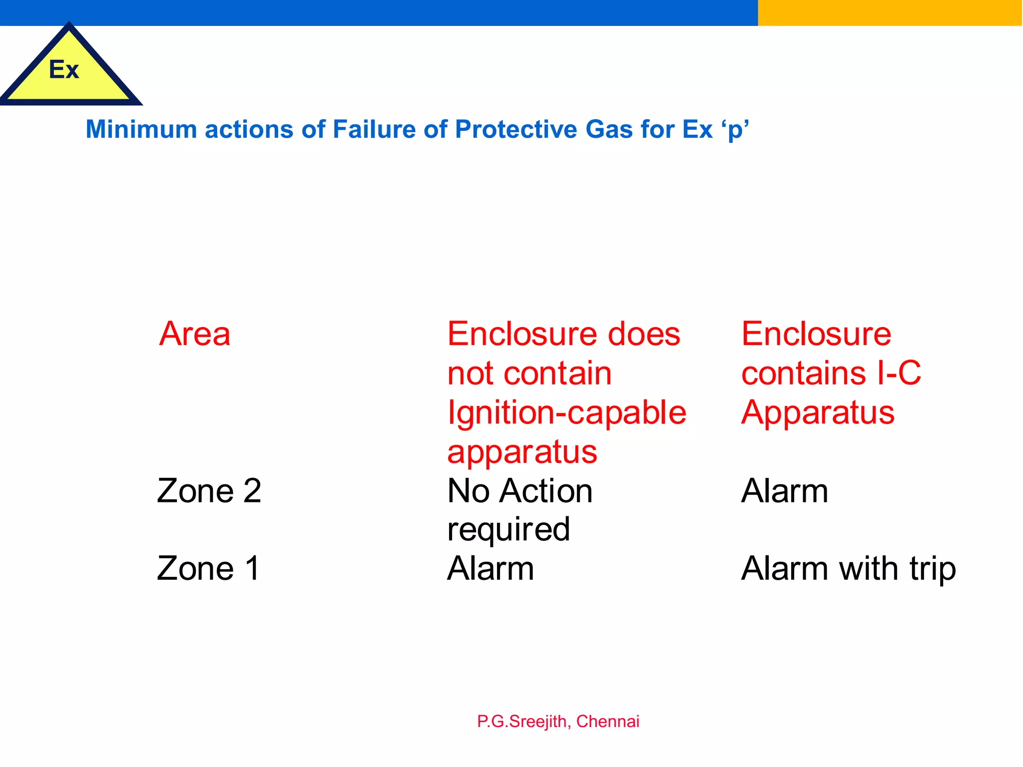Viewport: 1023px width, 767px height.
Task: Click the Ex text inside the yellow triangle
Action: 64,69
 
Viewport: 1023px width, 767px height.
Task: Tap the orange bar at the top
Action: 889,12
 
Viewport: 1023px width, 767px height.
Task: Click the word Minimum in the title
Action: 141,129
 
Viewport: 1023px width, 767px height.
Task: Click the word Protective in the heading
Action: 516,129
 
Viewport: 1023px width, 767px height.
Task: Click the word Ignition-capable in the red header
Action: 566,413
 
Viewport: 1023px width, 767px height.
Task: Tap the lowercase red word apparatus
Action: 522,452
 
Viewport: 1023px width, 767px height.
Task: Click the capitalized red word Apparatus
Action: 818,413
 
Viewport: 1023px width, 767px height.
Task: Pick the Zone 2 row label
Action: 209,490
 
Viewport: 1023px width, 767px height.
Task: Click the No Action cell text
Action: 519,490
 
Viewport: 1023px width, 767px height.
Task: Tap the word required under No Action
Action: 509,529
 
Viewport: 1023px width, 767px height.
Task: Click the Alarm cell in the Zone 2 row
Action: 784,490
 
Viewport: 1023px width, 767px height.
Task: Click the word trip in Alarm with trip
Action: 932,569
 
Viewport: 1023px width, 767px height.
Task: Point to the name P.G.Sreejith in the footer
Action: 521,722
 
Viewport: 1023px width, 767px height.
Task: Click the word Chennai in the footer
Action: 607,722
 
